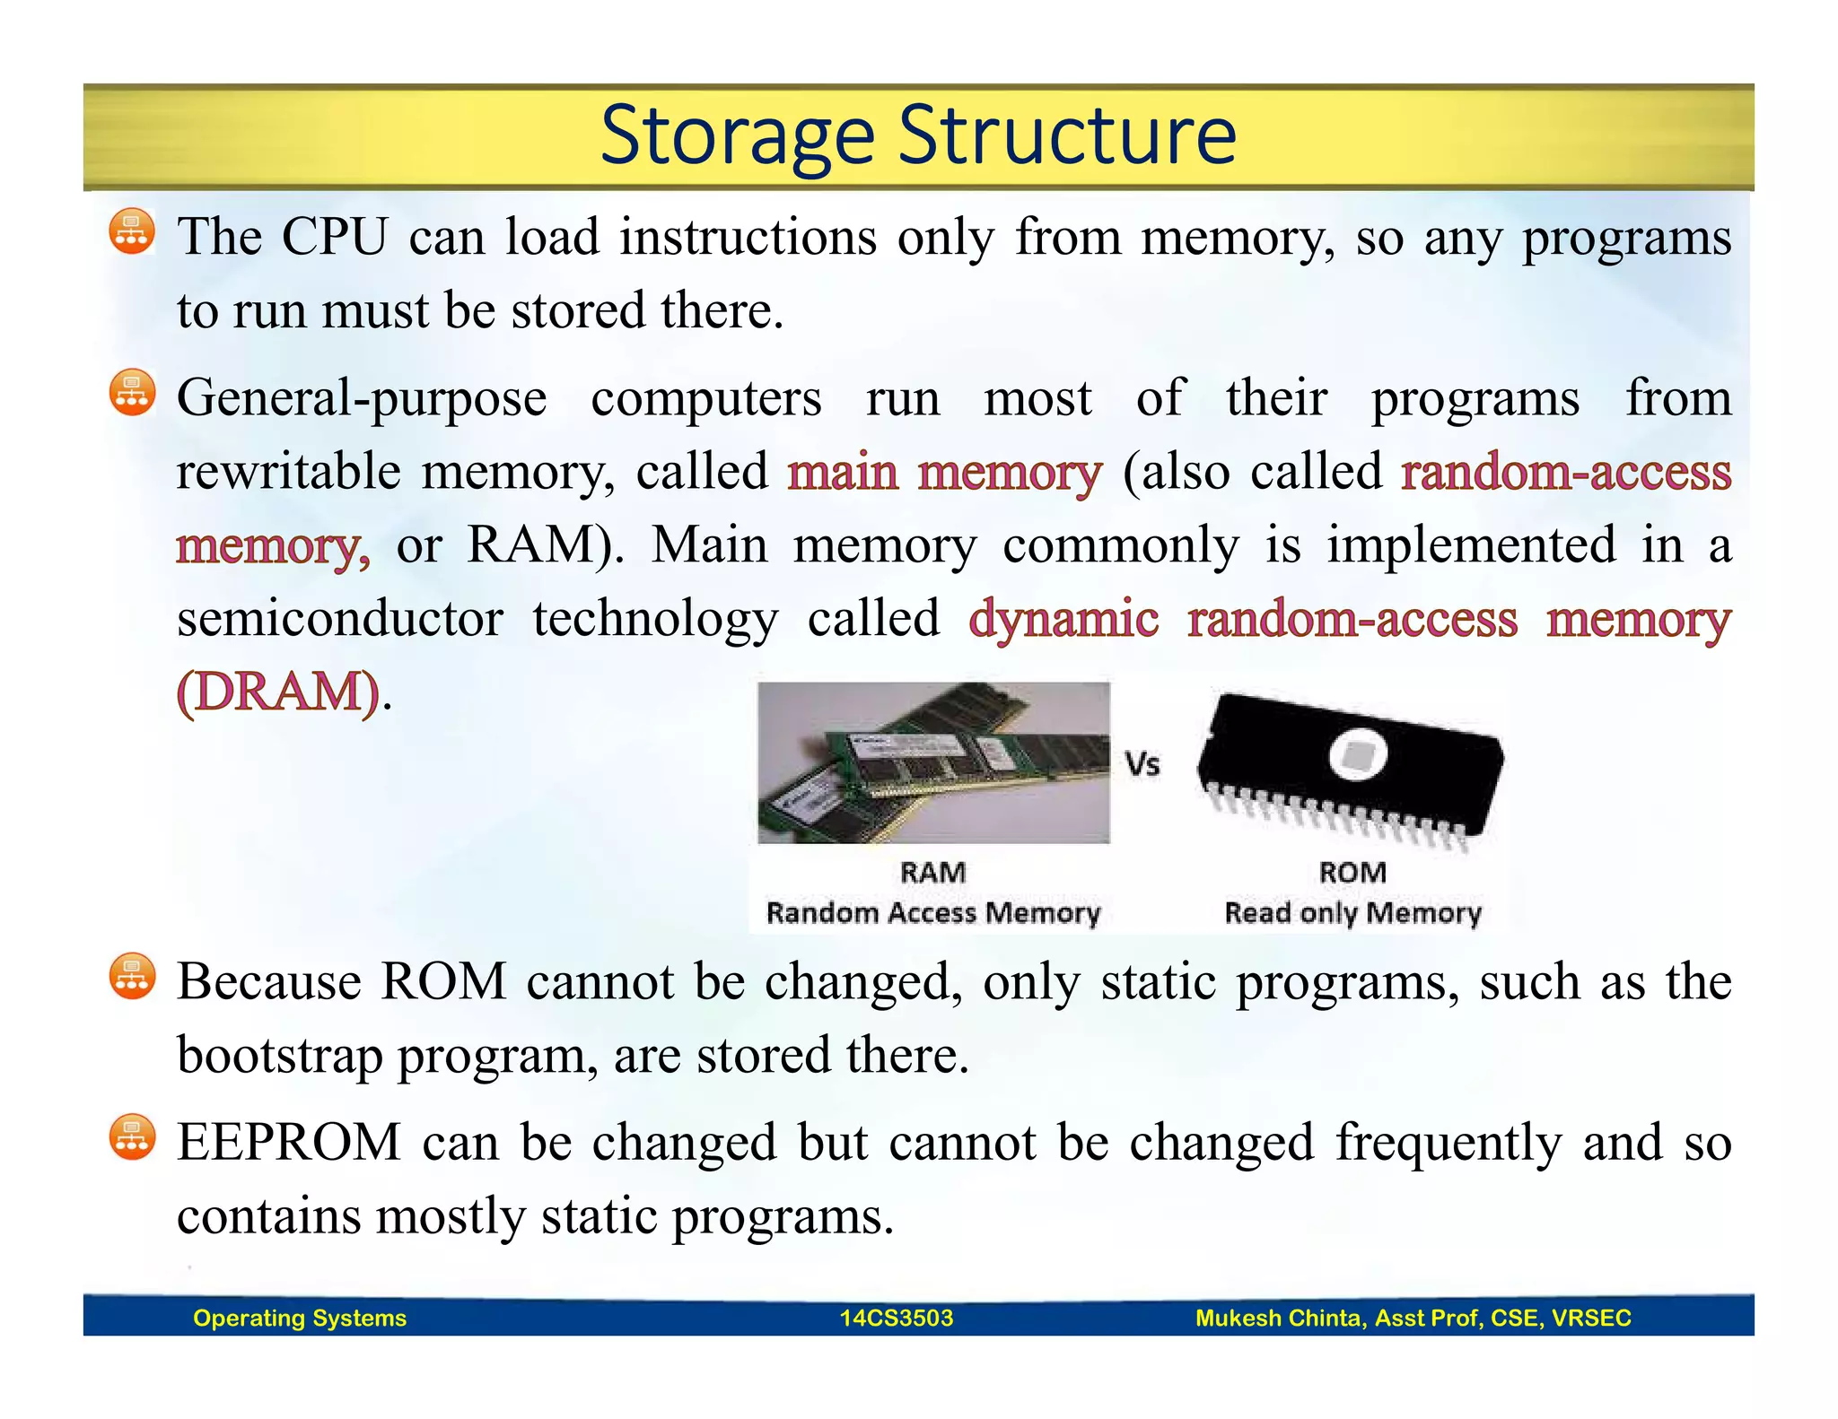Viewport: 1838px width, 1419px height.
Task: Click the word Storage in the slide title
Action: click(736, 136)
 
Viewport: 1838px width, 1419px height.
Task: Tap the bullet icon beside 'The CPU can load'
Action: click(132, 231)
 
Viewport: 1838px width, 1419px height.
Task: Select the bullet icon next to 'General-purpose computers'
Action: click(132, 393)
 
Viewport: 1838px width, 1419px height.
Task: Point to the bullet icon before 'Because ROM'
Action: click(132, 976)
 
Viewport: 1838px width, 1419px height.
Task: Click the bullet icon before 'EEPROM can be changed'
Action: click(132, 1137)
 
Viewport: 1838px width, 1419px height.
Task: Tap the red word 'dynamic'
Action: click(1063, 619)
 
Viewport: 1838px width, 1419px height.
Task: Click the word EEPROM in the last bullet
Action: click(288, 1143)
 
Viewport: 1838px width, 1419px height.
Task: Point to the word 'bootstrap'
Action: click(279, 1055)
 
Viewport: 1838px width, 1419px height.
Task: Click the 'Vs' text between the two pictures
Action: click(1142, 764)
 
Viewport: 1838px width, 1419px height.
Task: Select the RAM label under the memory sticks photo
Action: click(933, 872)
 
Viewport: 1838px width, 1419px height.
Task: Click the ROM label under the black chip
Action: click(1352, 872)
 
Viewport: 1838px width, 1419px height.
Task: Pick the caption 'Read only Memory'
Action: click(1352, 913)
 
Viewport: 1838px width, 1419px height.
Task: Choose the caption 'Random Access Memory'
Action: click(932, 913)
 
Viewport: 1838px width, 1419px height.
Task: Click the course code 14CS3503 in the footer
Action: click(896, 1318)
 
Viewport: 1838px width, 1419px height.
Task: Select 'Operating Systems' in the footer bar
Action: click(300, 1318)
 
